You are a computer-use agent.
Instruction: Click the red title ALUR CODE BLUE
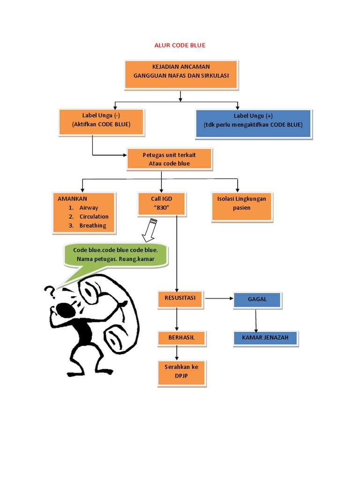tap(180, 45)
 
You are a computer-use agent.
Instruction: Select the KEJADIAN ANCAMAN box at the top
tap(181, 74)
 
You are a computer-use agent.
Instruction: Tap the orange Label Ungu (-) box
tap(101, 121)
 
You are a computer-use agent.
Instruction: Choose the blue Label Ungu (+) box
tap(253, 124)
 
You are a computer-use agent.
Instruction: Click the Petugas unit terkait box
tap(169, 159)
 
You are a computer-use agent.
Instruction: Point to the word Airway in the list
tap(89, 208)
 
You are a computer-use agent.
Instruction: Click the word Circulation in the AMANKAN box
tap(94, 217)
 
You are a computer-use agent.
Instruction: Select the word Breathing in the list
tap(93, 225)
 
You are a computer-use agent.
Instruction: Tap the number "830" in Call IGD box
tap(162, 208)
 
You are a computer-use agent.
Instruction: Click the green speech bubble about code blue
tap(114, 255)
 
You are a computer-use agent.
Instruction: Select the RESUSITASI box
tap(180, 299)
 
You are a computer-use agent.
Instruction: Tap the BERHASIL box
tap(181, 337)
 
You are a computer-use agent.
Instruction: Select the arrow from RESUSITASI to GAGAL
tap(219, 298)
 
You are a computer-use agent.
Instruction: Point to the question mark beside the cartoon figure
tap(49, 292)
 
